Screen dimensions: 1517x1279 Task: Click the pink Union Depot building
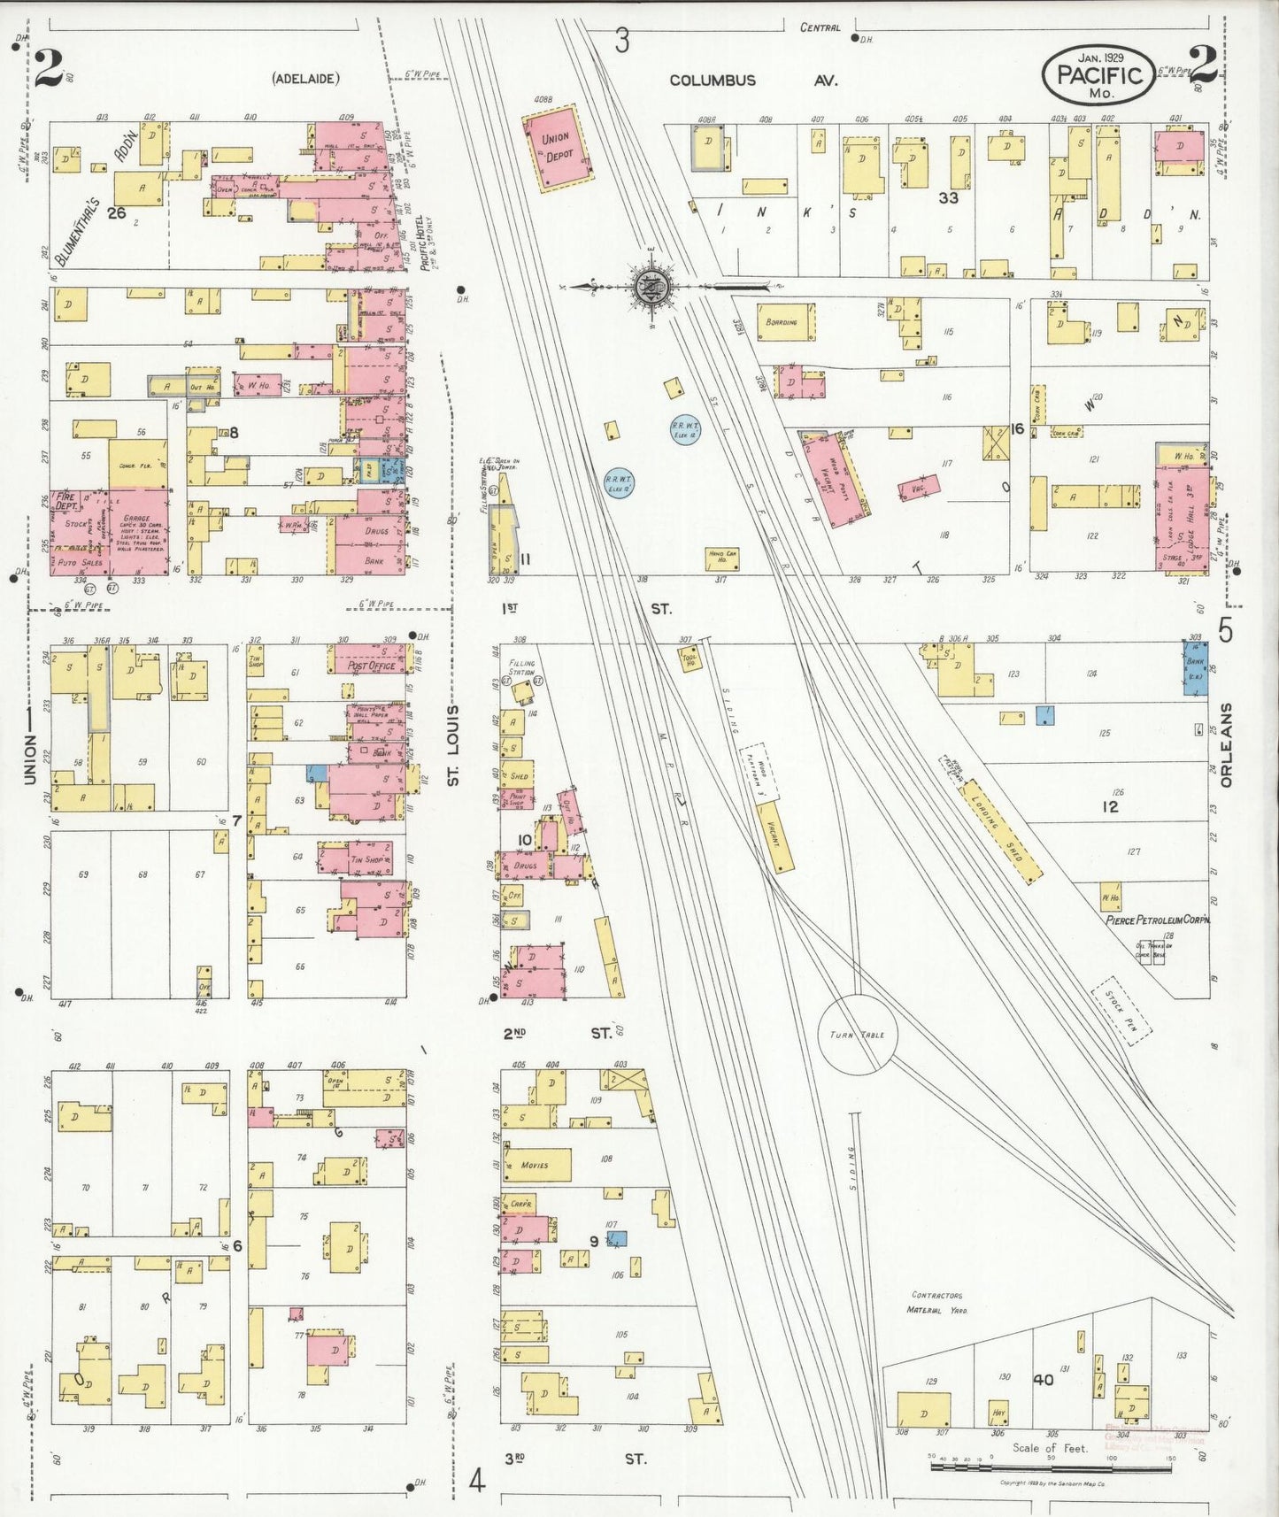(x=555, y=146)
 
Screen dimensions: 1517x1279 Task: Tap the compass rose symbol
(x=653, y=286)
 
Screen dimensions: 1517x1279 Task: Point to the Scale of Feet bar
(x=1051, y=1467)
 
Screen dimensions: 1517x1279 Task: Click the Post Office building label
(x=371, y=666)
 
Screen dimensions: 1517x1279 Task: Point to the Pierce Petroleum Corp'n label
(x=1157, y=920)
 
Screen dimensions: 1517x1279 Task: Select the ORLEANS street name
(x=1226, y=744)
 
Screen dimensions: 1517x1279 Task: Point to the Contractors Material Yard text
(x=936, y=1302)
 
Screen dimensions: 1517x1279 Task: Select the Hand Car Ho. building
(x=721, y=558)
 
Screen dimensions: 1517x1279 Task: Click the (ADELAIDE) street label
(x=305, y=79)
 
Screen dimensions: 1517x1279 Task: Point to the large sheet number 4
(x=477, y=1480)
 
